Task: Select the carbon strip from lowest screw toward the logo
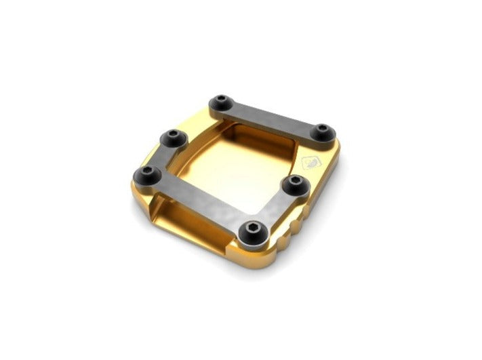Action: click(x=270, y=208)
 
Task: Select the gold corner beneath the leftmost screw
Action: click(x=139, y=200)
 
